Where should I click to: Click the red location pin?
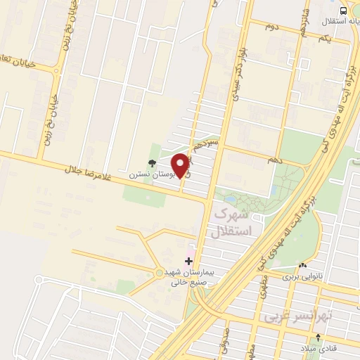click(x=181, y=165)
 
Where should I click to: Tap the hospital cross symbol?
click(x=188, y=261)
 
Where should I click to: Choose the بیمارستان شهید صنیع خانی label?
click(x=191, y=277)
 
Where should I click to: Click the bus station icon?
click(x=343, y=10)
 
